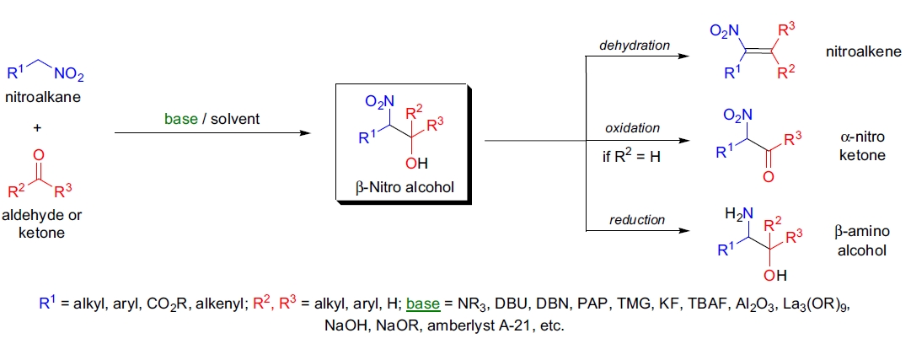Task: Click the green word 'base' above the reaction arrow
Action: (x=179, y=119)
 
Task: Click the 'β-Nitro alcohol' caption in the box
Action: (x=400, y=186)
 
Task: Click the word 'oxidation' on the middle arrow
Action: (x=632, y=128)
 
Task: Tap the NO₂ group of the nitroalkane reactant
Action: (x=69, y=76)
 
